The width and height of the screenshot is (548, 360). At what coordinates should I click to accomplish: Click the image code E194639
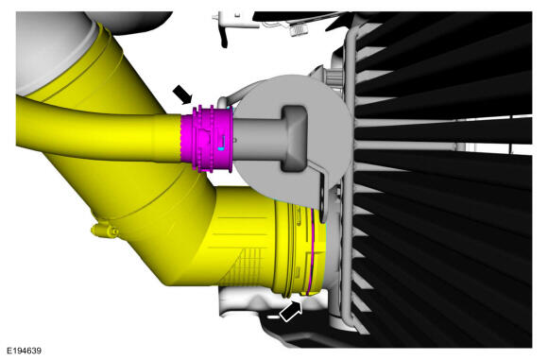coord(25,351)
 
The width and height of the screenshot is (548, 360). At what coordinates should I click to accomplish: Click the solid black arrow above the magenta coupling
coord(182,94)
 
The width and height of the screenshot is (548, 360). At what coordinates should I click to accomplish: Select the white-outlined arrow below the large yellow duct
coord(291,312)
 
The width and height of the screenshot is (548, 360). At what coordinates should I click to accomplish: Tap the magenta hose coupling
coord(207,139)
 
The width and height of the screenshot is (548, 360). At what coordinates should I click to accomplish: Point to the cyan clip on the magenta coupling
coord(222,148)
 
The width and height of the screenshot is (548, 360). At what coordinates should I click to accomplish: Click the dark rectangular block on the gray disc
coord(295,138)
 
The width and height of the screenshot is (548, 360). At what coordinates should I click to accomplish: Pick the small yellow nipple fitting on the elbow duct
coord(104,231)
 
